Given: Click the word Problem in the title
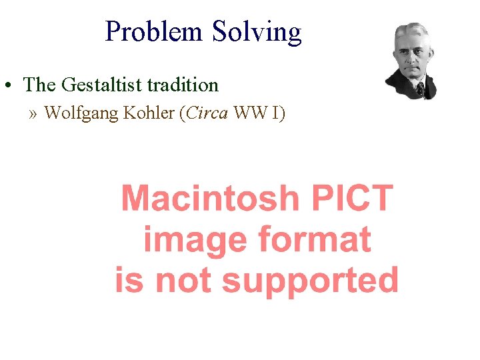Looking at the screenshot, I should tap(155, 31).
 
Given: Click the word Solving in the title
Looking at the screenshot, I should tap(257, 31).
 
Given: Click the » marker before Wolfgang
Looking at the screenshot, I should tap(34, 113).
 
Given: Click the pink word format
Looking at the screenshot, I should tap(314, 239).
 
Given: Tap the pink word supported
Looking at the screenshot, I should tap(310, 281).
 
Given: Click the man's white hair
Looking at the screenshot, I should tap(411, 30).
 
